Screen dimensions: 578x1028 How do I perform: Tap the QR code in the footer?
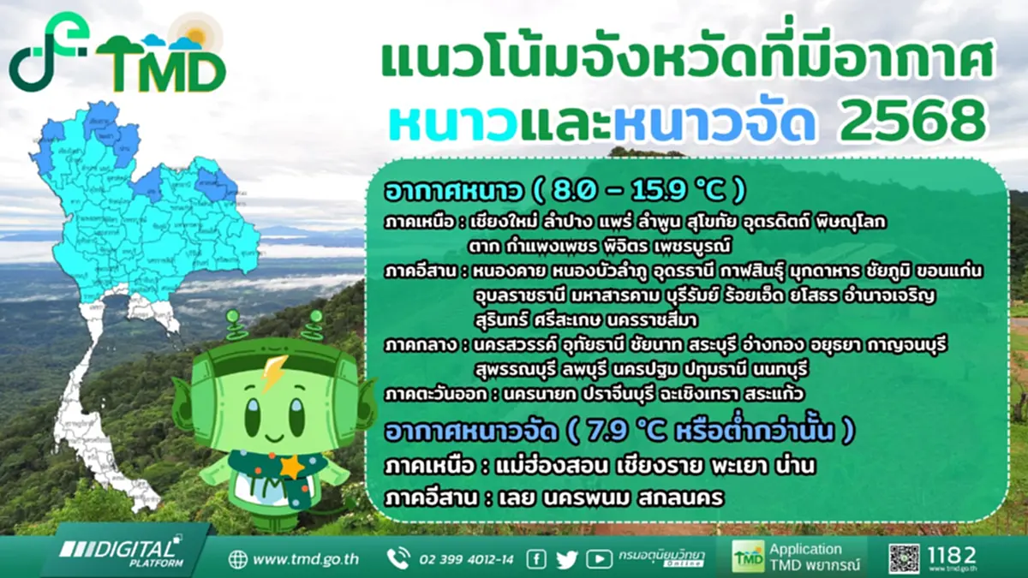pyautogui.click(x=904, y=558)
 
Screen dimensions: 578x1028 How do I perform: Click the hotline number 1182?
pyautogui.click(x=951, y=556)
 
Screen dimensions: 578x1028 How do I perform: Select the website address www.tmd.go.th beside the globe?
pyautogui.click(x=306, y=560)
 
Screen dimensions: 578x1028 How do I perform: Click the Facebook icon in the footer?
pyautogui.click(x=536, y=559)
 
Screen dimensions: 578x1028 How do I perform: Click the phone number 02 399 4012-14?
pyautogui.click(x=466, y=560)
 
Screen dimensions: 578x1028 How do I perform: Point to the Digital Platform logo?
pyautogui.click(x=120, y=551)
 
